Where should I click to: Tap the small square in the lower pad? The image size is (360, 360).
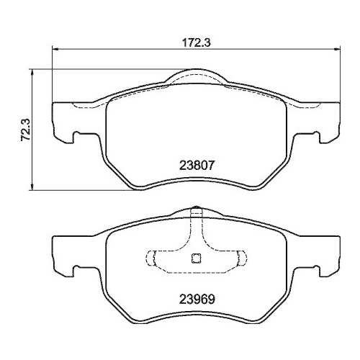[197, 261]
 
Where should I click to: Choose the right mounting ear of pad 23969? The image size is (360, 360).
[328, 256]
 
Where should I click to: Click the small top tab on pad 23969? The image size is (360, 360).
[197, 212]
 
